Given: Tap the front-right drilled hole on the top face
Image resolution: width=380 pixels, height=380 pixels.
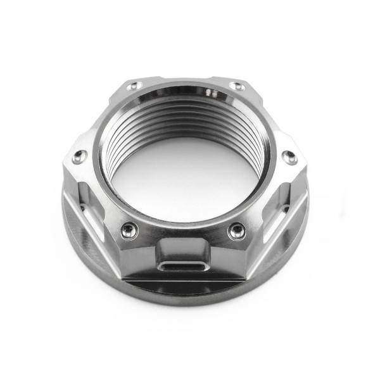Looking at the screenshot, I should pos(237,231).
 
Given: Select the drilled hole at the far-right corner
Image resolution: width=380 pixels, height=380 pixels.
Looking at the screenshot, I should pos(289,156).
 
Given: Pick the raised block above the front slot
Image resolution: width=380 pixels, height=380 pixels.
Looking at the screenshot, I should pos(183,247).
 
